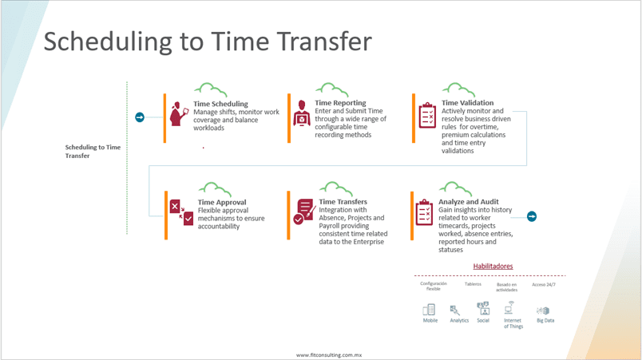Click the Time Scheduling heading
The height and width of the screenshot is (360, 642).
coord(220,104)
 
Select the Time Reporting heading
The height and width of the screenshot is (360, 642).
coord(340,103)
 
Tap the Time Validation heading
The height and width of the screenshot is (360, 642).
coord(467,103)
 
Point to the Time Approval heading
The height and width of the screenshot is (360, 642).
coord(222,202)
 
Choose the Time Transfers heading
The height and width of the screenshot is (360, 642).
coord(343,202)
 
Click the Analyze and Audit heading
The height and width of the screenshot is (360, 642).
coord(469,202)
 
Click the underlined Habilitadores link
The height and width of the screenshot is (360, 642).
coord(493,267)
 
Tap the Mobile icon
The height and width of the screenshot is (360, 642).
coord(429,310)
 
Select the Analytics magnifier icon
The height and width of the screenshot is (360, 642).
coord(455,310)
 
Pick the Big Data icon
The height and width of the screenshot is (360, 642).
coord(543,311)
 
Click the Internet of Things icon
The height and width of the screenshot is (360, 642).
coord(509,307)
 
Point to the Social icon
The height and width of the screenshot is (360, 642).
coord(483,308)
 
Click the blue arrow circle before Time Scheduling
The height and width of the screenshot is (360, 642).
coord(140,117)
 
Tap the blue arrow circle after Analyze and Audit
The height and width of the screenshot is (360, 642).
coord(532,216)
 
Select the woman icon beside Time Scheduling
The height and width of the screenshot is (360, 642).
coord(179,113)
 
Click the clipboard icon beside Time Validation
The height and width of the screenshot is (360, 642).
coord(427,116)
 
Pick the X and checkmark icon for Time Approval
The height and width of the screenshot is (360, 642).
coord(181,212)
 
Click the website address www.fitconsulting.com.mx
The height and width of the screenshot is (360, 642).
coord(329,355)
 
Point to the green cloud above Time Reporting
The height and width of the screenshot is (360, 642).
coord(332,89)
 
